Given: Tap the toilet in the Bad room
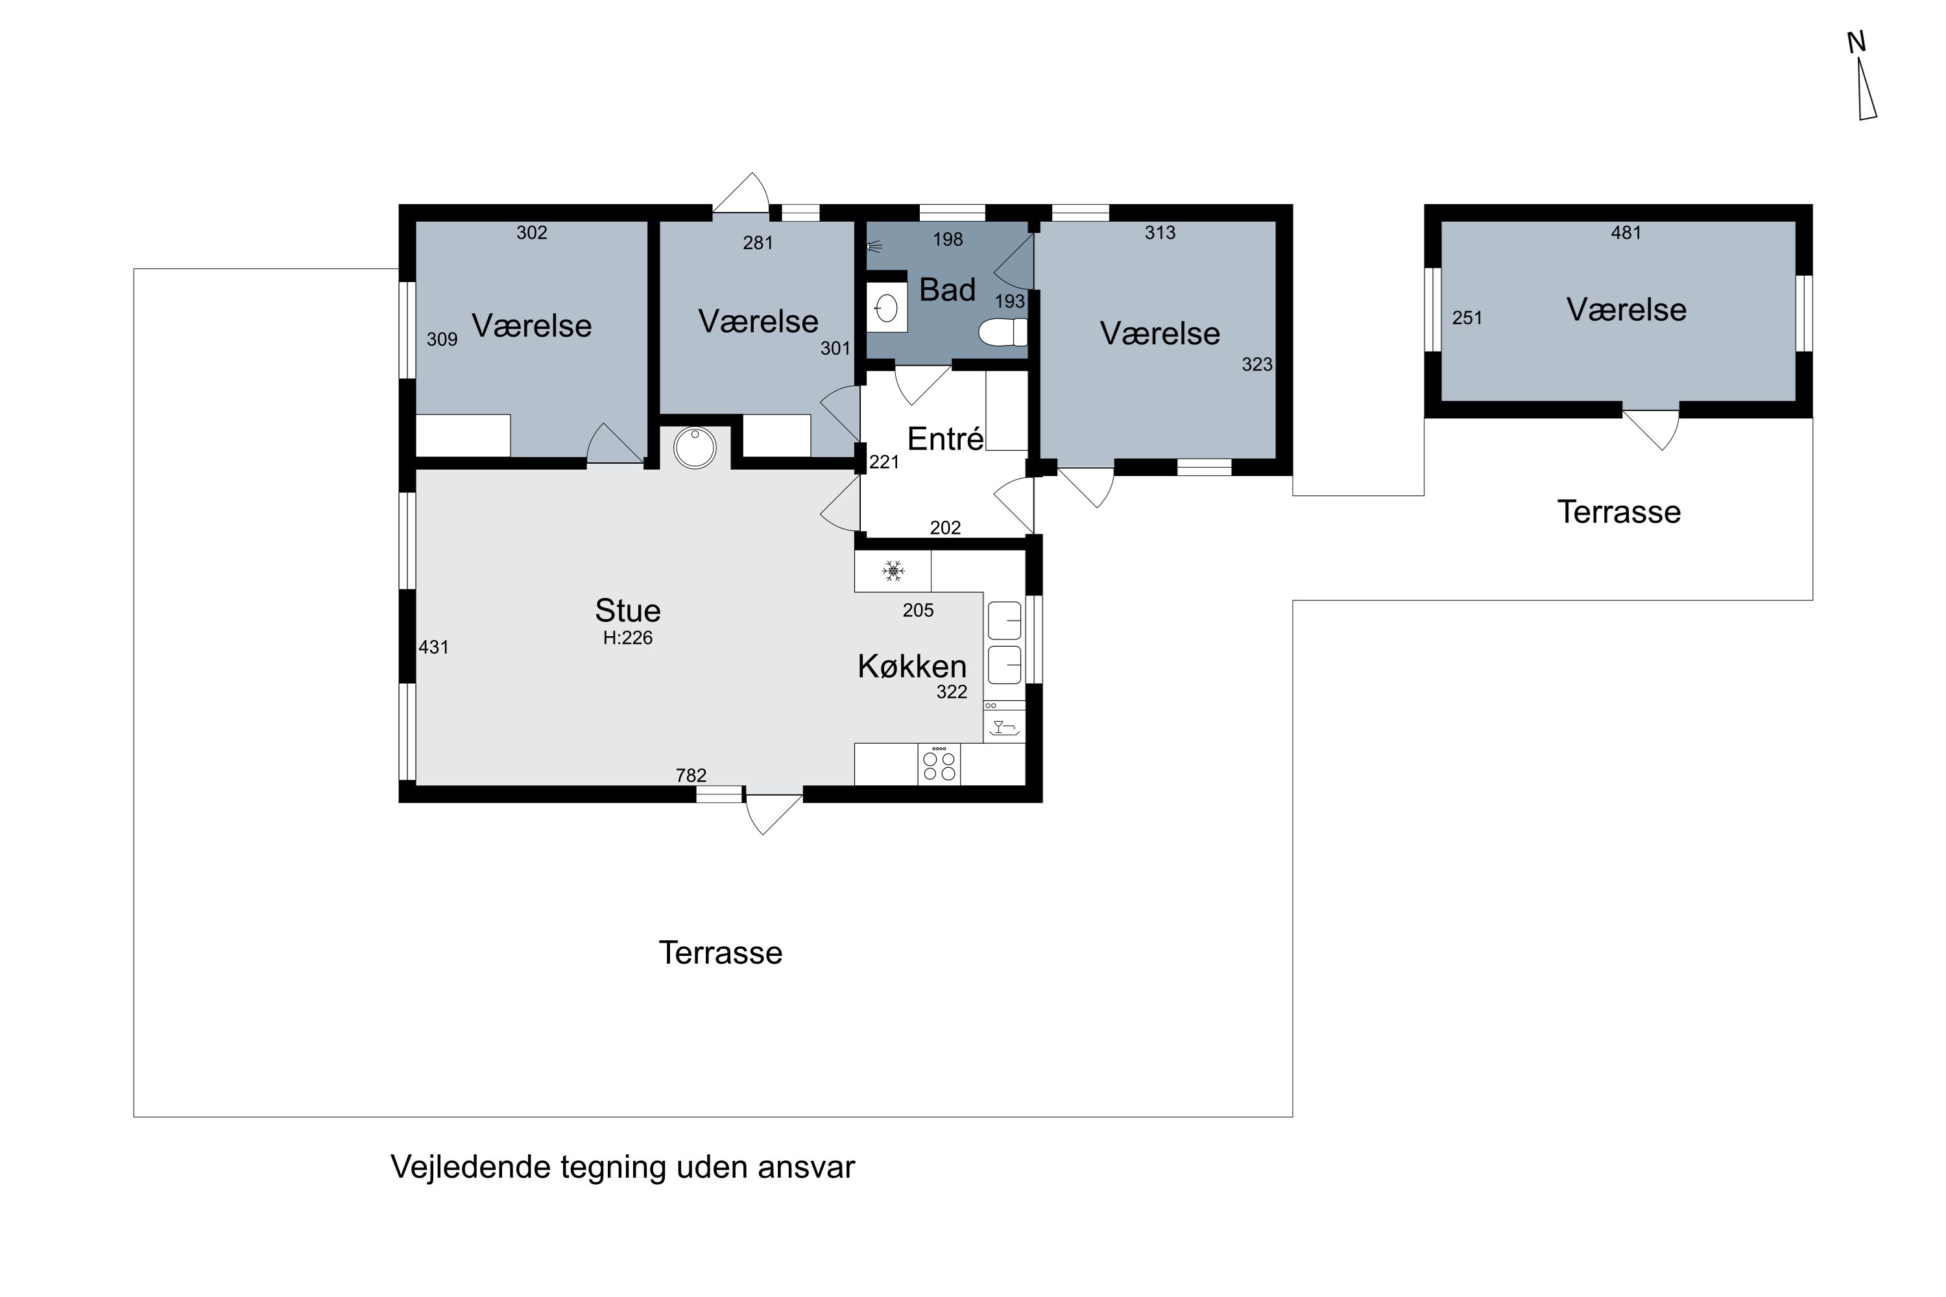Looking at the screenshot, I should tap(1002, 333).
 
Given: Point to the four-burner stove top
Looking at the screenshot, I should tap(939, 765).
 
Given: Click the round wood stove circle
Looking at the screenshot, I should tap(695, 447).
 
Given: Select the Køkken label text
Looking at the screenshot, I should tap(912, 667).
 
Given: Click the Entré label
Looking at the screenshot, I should tap(945, 439).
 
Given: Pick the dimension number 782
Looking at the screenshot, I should tap(691, 776).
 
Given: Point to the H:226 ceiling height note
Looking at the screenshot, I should tap(627, 637).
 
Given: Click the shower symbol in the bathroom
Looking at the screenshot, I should tap(874, 246).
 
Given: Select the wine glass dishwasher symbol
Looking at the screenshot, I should tap(1003, 728).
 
